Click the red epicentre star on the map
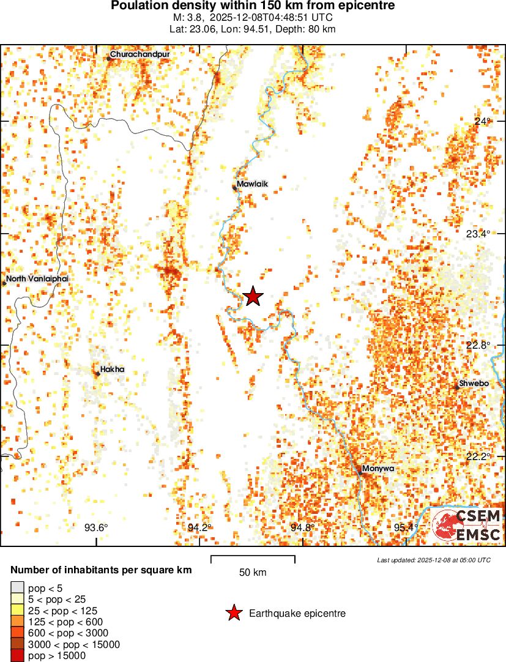253,296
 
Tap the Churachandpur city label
140,54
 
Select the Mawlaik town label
253,184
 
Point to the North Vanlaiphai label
37,279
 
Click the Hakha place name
113,370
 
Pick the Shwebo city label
474,384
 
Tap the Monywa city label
378,469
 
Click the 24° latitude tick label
483,121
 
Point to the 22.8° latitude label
478,345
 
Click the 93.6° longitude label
96,528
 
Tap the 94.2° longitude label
199,528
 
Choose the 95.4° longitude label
406,528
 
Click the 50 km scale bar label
253,573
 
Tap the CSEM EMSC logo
467,525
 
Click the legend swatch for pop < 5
18,589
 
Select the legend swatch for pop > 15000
18,656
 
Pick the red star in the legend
233,613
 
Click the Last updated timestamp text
433,560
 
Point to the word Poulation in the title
140,6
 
